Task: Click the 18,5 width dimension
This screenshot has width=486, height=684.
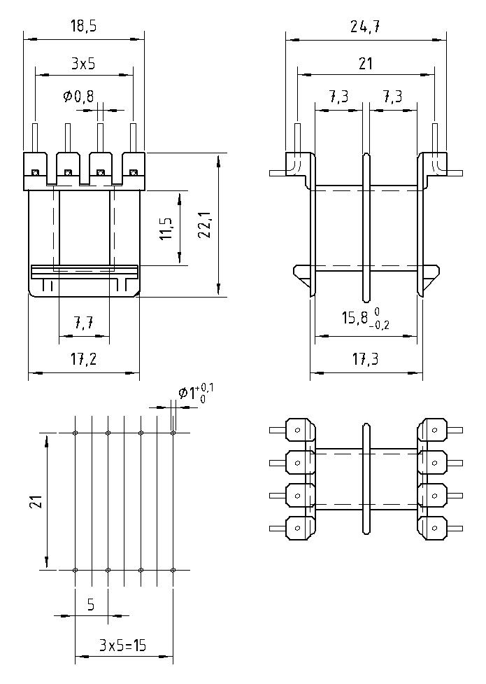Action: (x=83, y=27)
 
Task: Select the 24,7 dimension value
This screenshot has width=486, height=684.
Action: (x=364, y=27)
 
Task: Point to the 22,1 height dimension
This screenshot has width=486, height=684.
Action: (x=205, y=225)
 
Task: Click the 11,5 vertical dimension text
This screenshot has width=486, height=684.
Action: (x=166, y=229)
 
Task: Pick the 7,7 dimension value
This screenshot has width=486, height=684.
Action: (x=85, y=324)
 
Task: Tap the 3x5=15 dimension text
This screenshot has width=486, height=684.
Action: (x=122, y=645)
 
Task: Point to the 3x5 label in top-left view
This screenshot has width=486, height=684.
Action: (x=83, y=64)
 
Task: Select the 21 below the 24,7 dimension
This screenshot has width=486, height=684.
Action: (x=364, y=64)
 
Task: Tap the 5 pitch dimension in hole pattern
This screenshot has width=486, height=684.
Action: (x=91, y=604)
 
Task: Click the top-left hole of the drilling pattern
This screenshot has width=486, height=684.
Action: (x=76, y=433)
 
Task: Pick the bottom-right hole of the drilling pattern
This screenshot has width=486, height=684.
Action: (x=173, y=570)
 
